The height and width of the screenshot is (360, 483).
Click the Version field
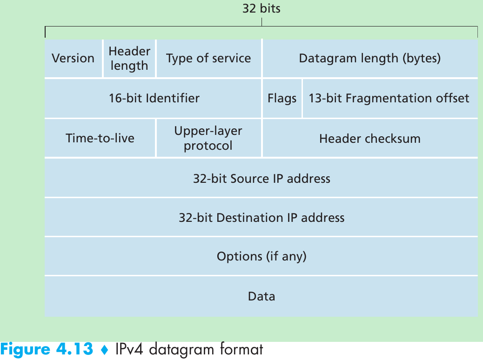[73, 58]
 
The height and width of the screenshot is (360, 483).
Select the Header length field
[129, 58]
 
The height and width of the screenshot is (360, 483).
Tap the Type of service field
[208, 58]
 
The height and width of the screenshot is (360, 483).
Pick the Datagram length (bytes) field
[370, 58]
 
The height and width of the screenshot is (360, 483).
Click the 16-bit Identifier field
[154, 98]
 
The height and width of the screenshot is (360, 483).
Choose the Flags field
[282, 98]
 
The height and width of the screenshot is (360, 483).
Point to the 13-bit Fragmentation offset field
[389, 98]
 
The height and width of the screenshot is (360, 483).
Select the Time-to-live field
[100, 138]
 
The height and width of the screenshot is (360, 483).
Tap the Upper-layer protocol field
[208, 138]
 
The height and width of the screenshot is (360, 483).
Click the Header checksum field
[370, 138]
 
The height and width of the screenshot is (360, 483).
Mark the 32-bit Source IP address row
[262, 179]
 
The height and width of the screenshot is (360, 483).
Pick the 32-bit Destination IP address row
[262, 218]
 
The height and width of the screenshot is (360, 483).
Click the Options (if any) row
[262, 256]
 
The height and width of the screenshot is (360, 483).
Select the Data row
[262, 296]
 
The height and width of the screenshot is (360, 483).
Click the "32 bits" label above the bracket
[262, 8]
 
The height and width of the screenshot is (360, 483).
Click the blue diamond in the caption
[104, 350]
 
